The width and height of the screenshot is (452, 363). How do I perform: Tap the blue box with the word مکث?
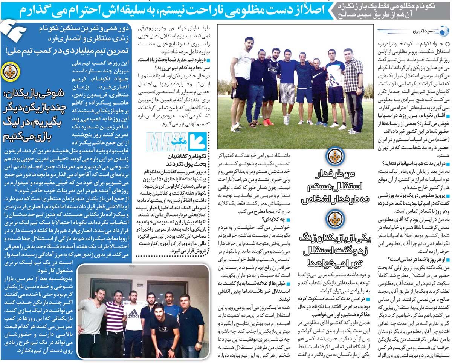(197, 142)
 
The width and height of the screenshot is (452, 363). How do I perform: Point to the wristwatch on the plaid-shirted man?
(360, 89)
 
